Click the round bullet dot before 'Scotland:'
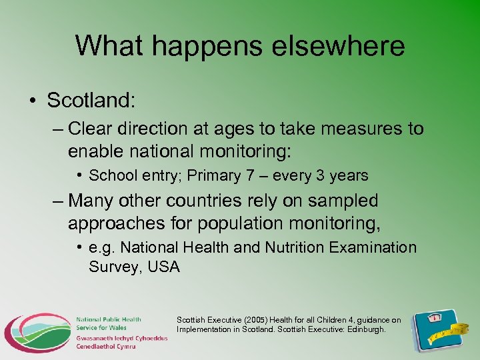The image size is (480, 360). [33, 101]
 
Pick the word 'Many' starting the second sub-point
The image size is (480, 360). [93, 201]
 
